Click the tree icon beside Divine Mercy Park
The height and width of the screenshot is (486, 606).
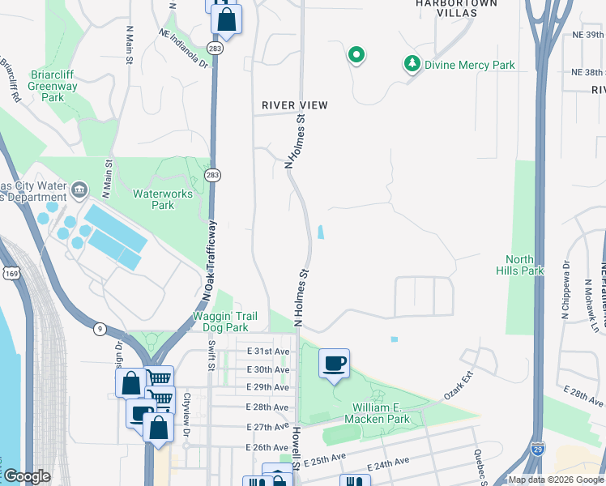[x=412, y=63]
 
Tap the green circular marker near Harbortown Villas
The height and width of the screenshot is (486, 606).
[x=356, y=55]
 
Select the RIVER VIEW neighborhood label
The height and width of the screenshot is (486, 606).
[x=294, y=105]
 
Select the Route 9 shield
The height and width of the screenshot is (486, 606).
[x=100, y=328]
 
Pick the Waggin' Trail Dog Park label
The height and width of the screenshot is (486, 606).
[x=220, y=322]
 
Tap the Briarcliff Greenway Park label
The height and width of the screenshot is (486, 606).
[x=53, y=87]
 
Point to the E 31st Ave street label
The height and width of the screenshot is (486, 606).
[x=268, y=352]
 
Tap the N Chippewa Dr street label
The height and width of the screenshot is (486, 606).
[x=565, y=290]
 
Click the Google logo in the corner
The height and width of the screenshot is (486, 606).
[x=27, y=476]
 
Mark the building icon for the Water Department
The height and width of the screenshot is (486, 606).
[x=79, y=191]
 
